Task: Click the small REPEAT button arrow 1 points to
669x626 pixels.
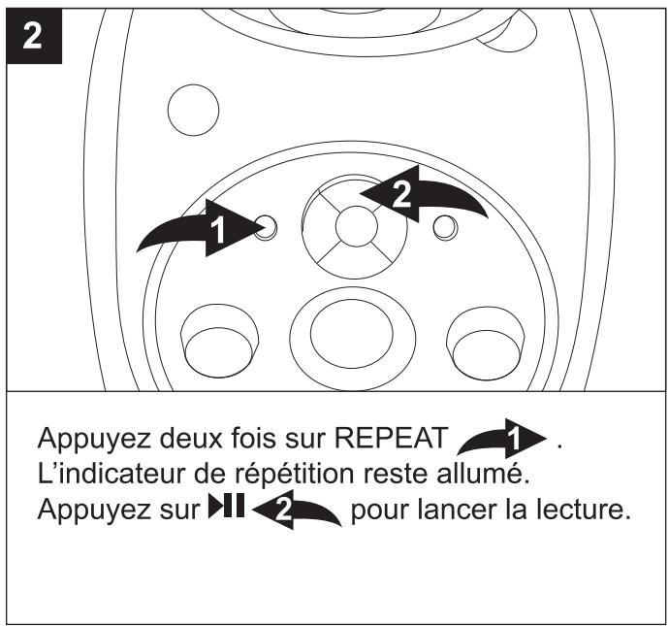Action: (x=267, y=227)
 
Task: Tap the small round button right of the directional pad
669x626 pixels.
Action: (x=444, y=227)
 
